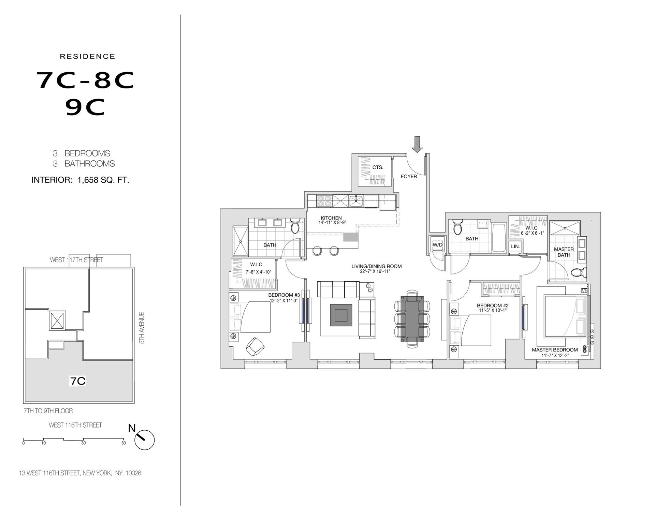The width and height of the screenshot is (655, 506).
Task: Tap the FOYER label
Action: click(x=409, y=176)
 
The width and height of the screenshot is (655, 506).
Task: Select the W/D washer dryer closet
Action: click(x=437, y=244)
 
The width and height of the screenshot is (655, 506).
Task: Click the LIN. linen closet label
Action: click(x=515, y=246)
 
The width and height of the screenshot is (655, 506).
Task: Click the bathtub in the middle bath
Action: click(x=499, y=237)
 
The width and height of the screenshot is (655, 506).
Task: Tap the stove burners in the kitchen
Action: click(x=323, y=201)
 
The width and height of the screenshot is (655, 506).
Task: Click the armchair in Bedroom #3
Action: click(x=255, y=346)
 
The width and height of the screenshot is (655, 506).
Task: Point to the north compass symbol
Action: click(x=144, y=440)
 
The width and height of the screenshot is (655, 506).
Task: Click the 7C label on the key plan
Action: click(x=78, y=381)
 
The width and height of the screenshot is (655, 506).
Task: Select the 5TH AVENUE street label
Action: click(x=142, y=328)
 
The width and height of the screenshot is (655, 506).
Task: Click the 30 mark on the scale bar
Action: click(x=84, y=443)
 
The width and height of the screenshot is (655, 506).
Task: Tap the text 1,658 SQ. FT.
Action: click(x=103, y=180)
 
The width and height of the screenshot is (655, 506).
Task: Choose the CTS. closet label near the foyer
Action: click(x=378, y=167)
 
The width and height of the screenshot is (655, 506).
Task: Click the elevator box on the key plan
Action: click(x=57, y=321)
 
